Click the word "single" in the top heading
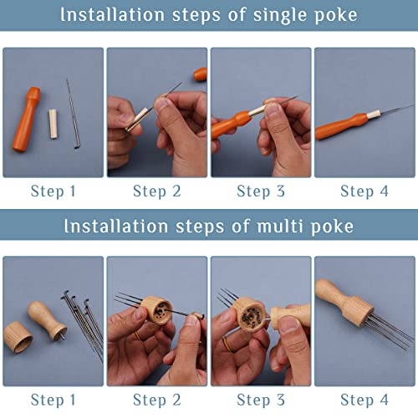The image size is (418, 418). [281, 16]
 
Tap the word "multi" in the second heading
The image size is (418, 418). [281, 226]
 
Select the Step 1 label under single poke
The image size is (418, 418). [53, 192]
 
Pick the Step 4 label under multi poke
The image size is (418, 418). [364, 400]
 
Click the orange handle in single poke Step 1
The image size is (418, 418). [27, 120]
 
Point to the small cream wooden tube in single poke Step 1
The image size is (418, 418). [54, 124]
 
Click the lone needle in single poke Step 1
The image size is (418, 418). [74, 114]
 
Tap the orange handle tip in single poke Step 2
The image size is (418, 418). [201, 74]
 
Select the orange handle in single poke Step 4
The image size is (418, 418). [341, 126]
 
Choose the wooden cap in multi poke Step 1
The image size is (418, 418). [18, 337]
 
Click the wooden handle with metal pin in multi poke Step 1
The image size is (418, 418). [48, 320]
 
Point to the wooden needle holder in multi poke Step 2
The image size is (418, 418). [156, 310]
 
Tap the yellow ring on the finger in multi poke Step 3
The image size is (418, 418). [227, 344]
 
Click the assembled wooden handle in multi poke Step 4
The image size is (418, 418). [344, 303]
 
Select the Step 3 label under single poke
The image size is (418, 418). [261, 192]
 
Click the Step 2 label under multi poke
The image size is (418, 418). [157, 400]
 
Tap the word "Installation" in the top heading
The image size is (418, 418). [113, 14]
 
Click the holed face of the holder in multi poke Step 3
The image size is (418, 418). [253, 318]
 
